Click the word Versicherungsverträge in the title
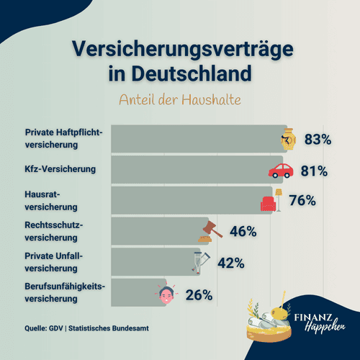pos(180,48)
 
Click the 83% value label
pos(318,139)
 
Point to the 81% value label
pos(314,171)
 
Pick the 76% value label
pos(302,201)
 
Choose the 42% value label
pos(231,263)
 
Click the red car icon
pos(281,171)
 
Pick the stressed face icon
pos(166,293)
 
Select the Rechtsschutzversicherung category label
pos(53,230)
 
